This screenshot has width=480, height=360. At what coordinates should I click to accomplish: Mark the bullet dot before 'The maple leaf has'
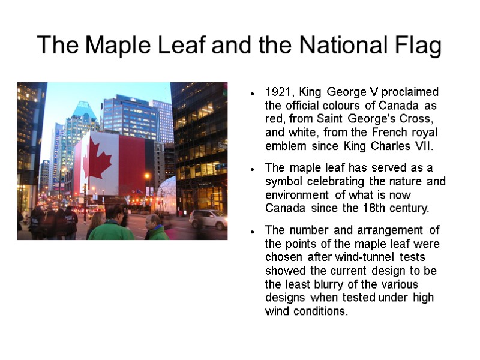[x=254, y=169]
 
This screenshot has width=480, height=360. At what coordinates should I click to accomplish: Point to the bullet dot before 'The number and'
[x=254, y=231]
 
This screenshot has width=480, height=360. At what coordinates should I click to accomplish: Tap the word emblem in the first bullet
[x=284, y=146]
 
